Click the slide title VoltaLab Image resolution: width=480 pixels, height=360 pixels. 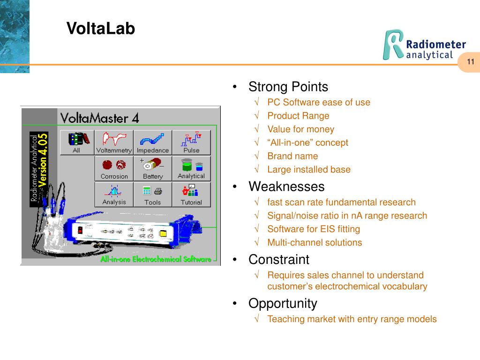[x=100, y=29]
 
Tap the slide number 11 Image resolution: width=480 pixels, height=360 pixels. [x=471, y=62]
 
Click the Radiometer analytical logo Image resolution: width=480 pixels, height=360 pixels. [x=425, y=45]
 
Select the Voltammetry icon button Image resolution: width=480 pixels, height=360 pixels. [x=114, y=142]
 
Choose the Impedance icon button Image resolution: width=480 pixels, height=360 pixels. [x=152, y=142]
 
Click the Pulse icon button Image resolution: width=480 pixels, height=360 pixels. [x=191, y=142]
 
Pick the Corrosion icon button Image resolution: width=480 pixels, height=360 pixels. [x=114, y=168]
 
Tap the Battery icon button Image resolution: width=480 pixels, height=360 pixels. [x=152, y=168]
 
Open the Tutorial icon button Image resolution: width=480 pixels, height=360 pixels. [x=191, y=194]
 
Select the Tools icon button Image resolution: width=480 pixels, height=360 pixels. [x=152, y=194]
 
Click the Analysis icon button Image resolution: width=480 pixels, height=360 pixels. [x=114, y=194]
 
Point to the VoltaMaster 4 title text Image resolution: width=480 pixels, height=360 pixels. [x=99, y=118]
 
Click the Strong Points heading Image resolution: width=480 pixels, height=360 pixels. [x=288, y=87]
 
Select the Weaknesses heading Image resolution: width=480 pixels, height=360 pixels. [x=286, y=187]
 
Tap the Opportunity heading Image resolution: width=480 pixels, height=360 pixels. [x=283, y=303]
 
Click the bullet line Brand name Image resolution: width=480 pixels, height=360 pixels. [x=292, y=156]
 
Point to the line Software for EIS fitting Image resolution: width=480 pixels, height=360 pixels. [x=314, y=229]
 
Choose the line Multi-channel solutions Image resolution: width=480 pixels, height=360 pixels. [x=315, y=242]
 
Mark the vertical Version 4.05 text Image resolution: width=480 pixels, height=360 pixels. [x=43, y=159]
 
